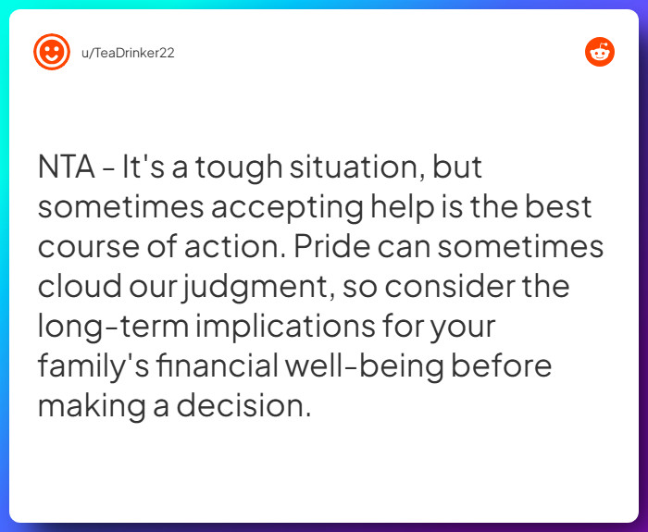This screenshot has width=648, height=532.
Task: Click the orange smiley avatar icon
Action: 52,52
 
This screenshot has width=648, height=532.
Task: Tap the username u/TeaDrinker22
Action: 128,53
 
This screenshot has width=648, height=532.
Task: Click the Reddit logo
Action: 600,52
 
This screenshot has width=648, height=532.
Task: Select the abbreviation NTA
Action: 66,167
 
